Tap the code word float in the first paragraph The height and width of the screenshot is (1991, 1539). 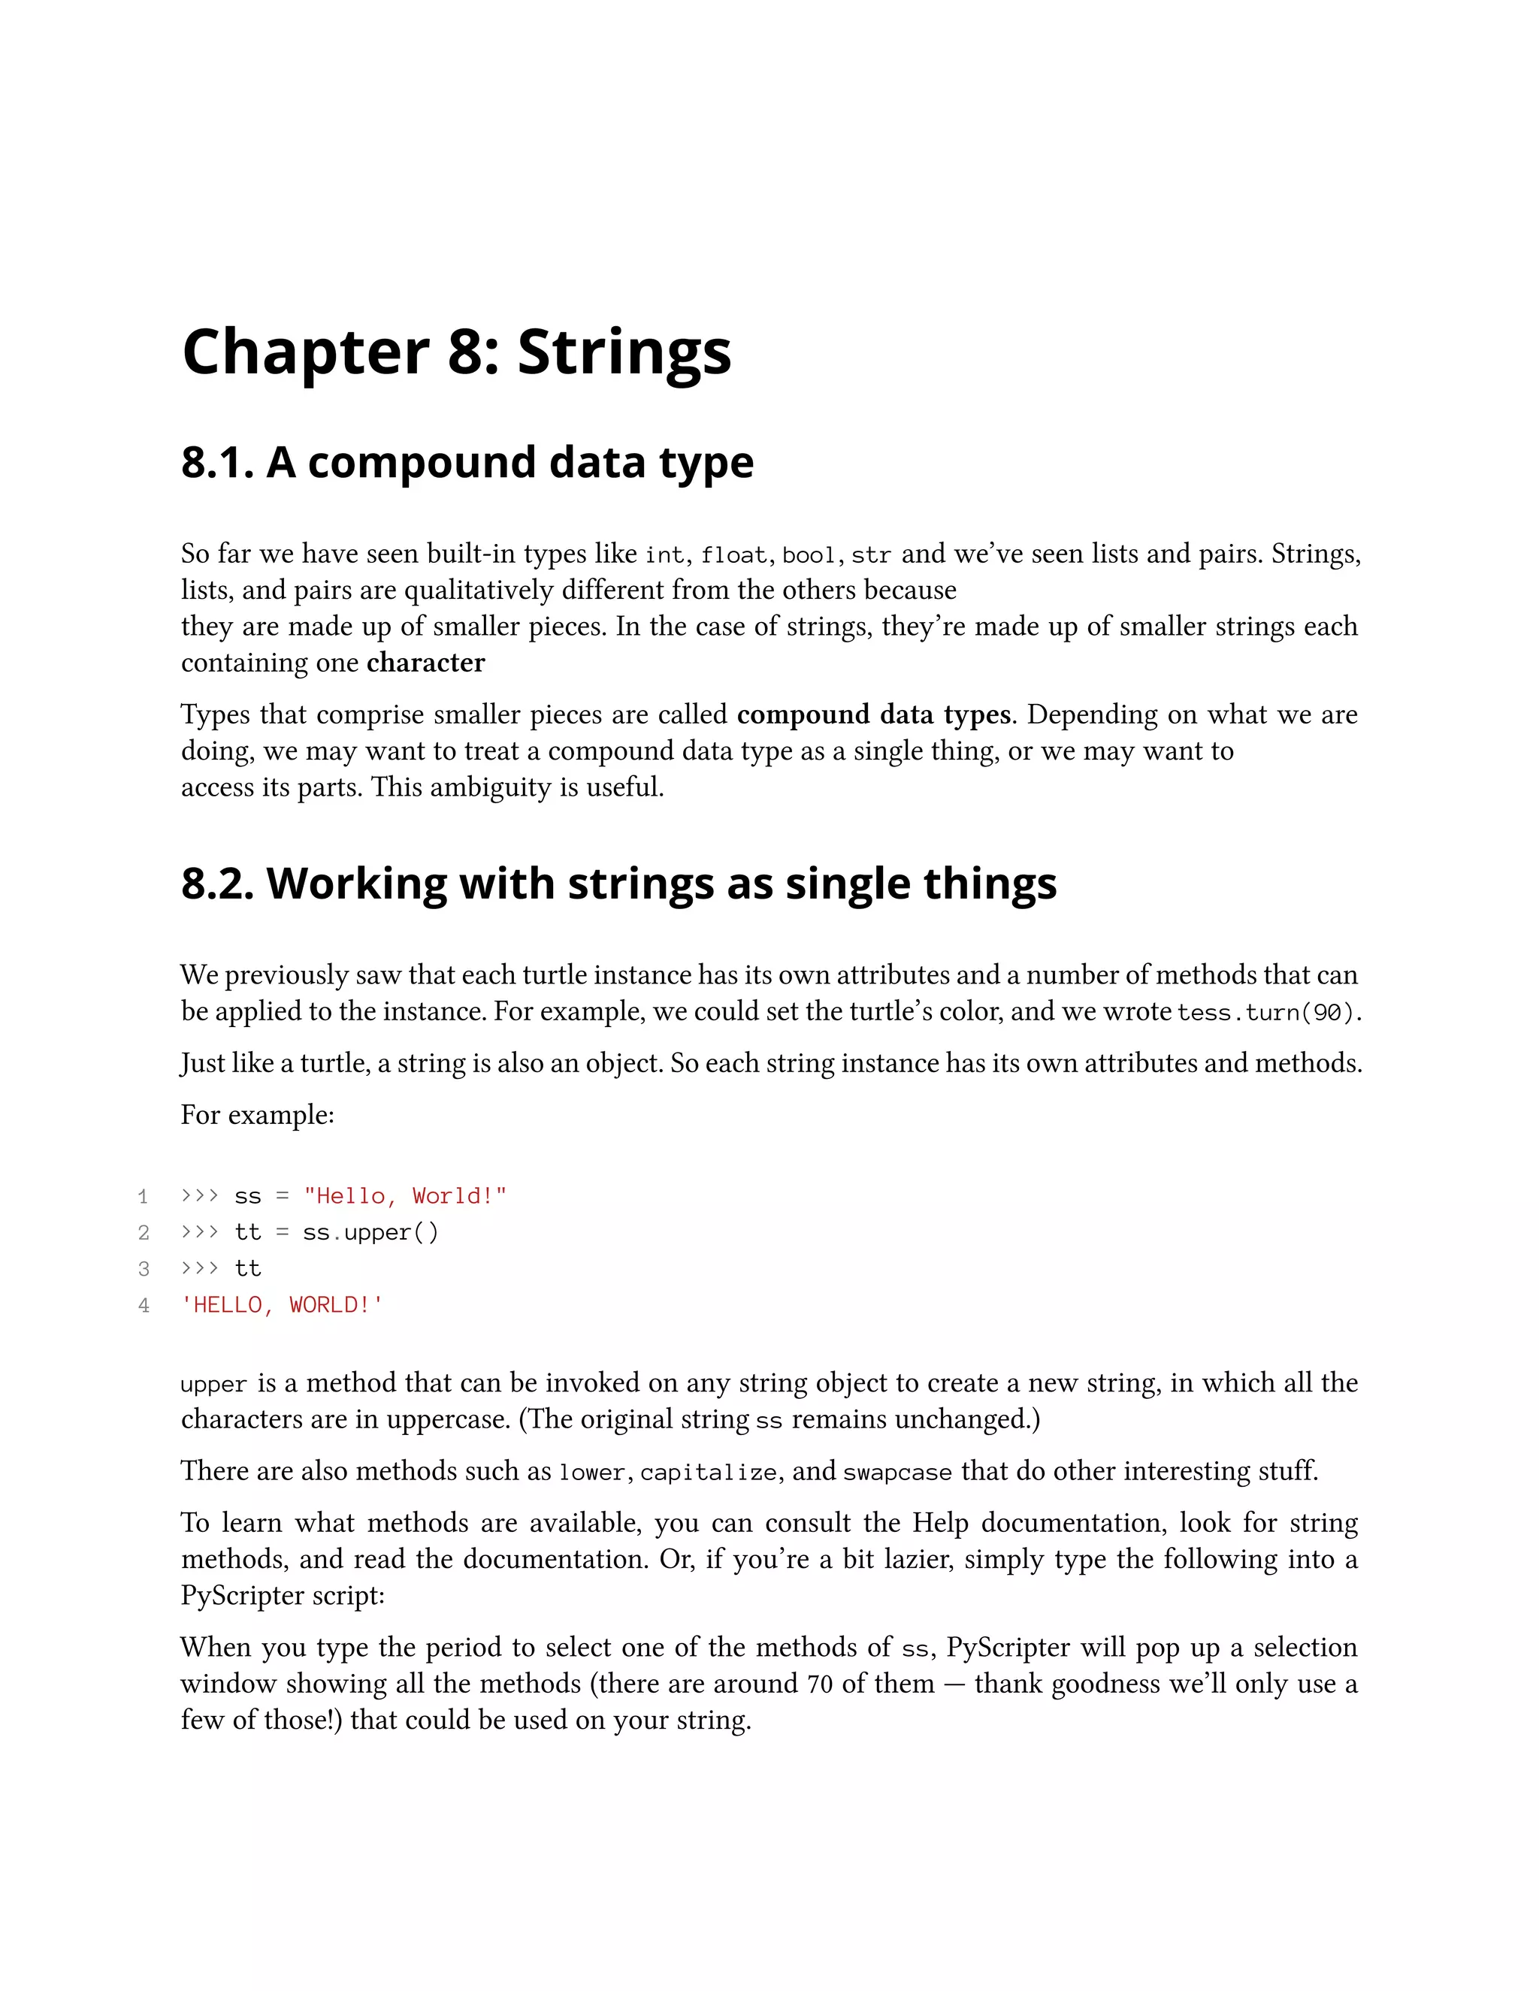point(734,555)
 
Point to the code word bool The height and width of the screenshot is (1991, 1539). point(809,555)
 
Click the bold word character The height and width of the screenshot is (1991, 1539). point(426,663)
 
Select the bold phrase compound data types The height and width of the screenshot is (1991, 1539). point(873,715)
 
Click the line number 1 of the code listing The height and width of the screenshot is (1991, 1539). point(143,1196)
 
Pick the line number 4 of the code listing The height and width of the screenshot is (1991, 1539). point(143,1306)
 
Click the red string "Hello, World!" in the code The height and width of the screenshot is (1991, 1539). point(405,1196)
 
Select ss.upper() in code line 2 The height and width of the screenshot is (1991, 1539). point(370,1232)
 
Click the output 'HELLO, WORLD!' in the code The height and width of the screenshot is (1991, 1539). point(282,1306)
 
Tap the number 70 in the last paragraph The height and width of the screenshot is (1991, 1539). point(820,1684)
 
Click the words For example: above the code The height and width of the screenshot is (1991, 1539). point(257,1115)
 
